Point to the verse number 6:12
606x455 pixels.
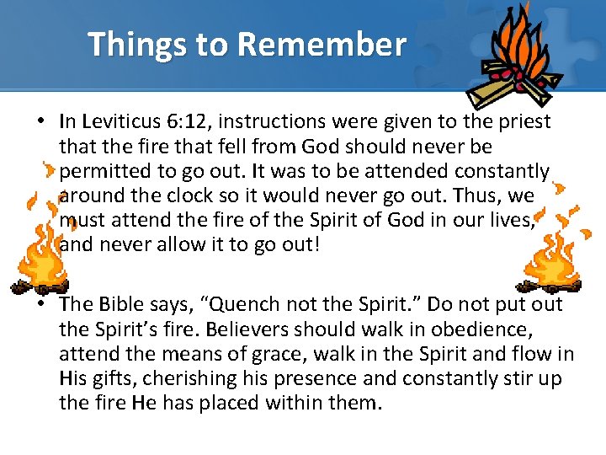190,122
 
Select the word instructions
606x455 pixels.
279,122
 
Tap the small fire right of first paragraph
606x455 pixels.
554,253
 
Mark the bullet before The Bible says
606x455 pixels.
40,304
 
